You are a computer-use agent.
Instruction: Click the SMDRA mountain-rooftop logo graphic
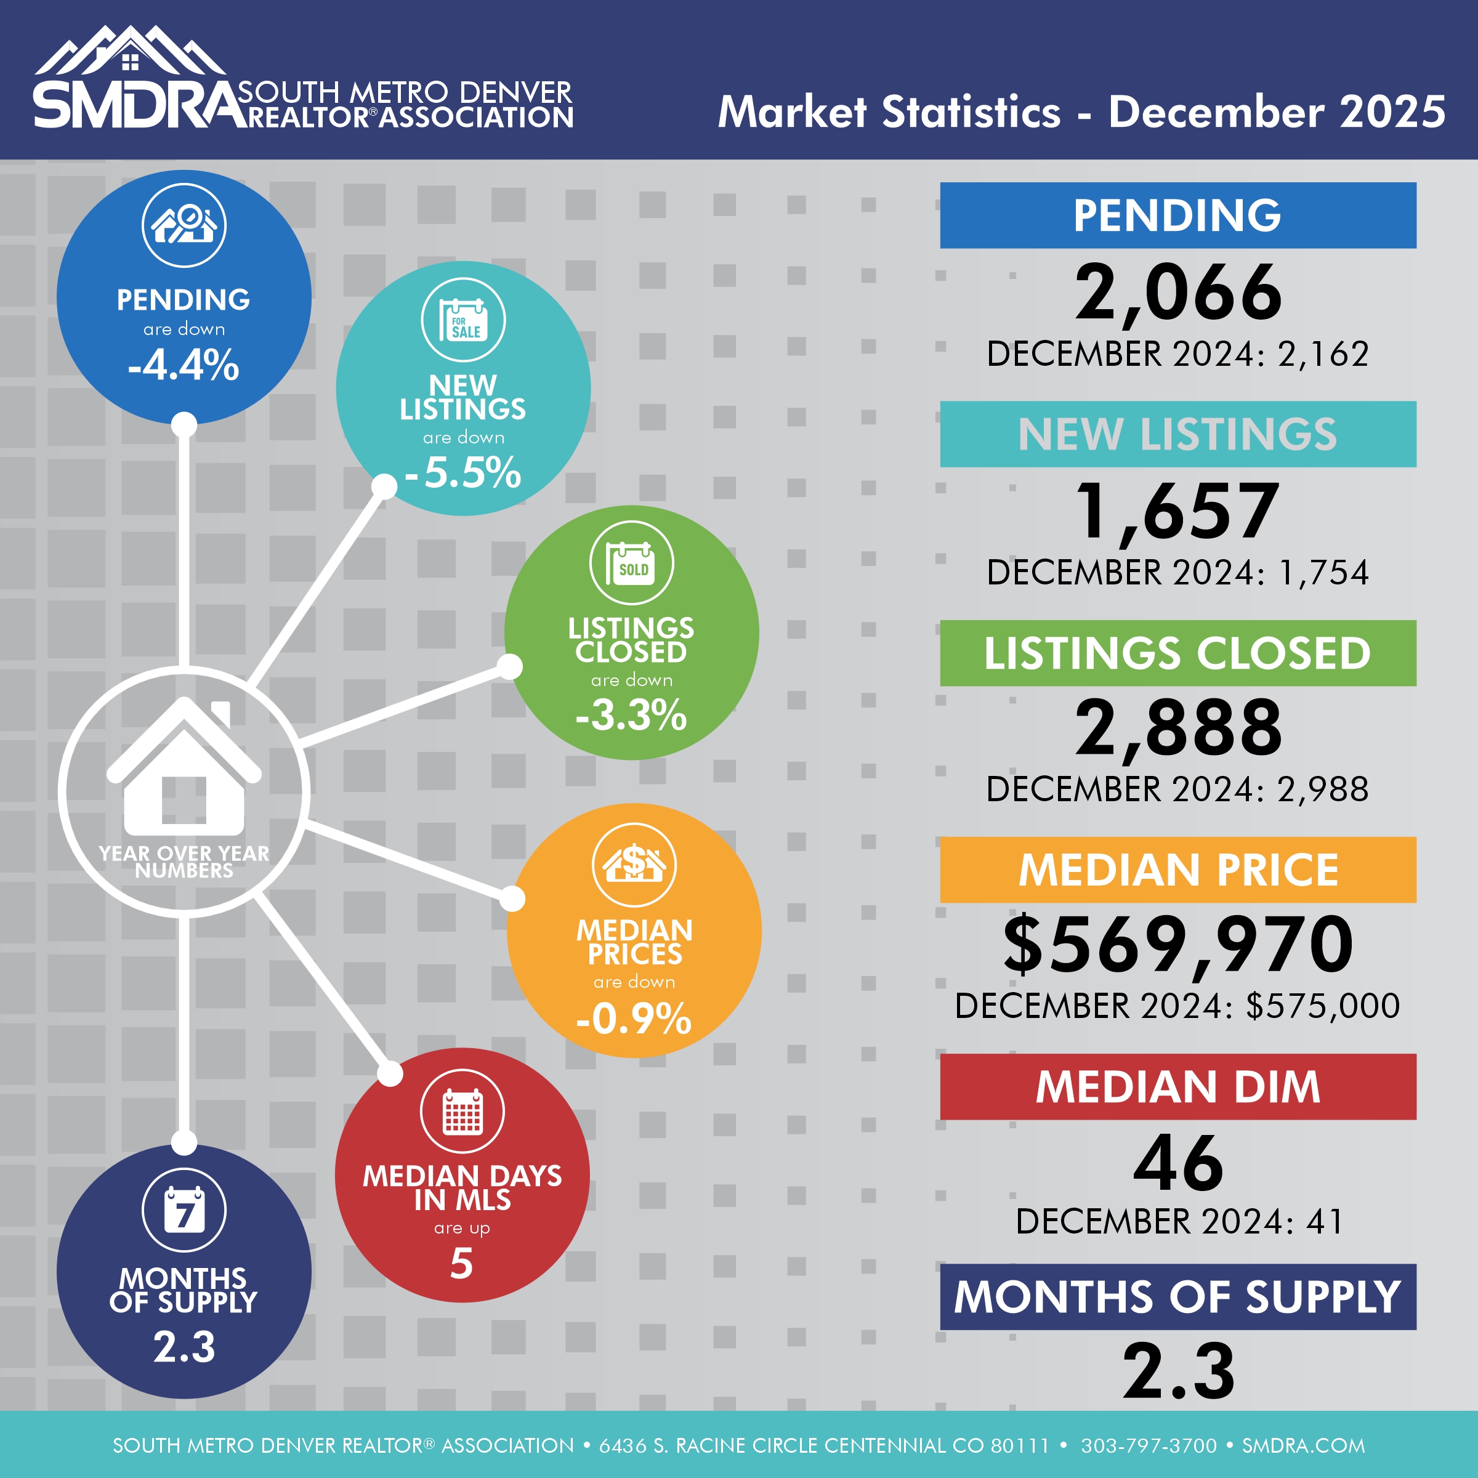(x=130, y=52)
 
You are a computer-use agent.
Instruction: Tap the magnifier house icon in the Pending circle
(x=184, y=225)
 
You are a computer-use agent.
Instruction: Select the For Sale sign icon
(x=464, y=320)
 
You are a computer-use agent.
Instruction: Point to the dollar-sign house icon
(x=634, y=865)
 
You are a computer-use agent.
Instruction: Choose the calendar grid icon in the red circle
(x=463, y=1111)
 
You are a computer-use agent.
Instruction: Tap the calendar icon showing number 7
(x=184, y=1210)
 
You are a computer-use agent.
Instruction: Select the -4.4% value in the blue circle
(x=184, y=365)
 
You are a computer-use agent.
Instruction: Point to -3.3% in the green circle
(x=632, y=715)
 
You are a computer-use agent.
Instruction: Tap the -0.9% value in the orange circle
(x=634, y=1018)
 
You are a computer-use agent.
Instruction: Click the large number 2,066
(x=1178, y=293)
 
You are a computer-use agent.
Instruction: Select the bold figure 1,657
(x=1178, y=512)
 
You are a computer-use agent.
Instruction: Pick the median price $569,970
(x=1178, y=945)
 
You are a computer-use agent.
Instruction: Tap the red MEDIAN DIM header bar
(x=1178, y=1086)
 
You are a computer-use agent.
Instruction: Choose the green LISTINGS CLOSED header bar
(x=1178, y=653)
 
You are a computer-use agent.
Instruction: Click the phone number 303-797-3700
(x=1149, y=1445)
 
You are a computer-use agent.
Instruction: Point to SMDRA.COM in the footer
(x=1304, y=1445)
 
